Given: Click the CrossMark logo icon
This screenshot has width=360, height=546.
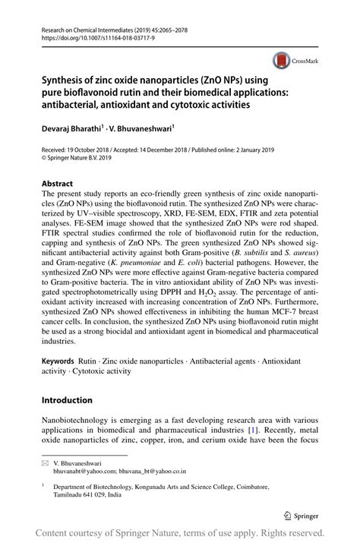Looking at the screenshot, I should point(280,61).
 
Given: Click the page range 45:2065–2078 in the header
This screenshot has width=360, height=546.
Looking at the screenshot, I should point(181,27).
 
